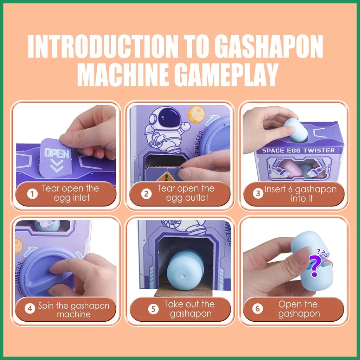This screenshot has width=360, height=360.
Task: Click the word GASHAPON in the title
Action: [x=269, y=46]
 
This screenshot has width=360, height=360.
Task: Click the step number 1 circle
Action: [x=32, y=194]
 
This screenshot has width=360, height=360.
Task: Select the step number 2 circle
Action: [x=146, y=194]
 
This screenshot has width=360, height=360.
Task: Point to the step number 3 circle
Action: [x=258, y=194]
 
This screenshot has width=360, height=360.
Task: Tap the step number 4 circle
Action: [x=30, y=309]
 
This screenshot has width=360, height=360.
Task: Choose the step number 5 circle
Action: [x=153, y=309]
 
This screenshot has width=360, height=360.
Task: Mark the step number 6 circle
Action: [x=257, y=309]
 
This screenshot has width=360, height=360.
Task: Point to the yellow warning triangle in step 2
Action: [x=166, y=178]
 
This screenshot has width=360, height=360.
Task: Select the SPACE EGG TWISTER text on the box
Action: [x=298, y=150]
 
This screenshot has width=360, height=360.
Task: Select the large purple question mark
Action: [x=315, y=265]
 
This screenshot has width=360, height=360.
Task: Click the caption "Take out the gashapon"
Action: [x=190, y=309]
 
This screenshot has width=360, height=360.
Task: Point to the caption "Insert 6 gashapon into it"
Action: [x=301, y=194]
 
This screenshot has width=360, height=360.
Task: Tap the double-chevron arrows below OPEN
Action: [x=57, y=166]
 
